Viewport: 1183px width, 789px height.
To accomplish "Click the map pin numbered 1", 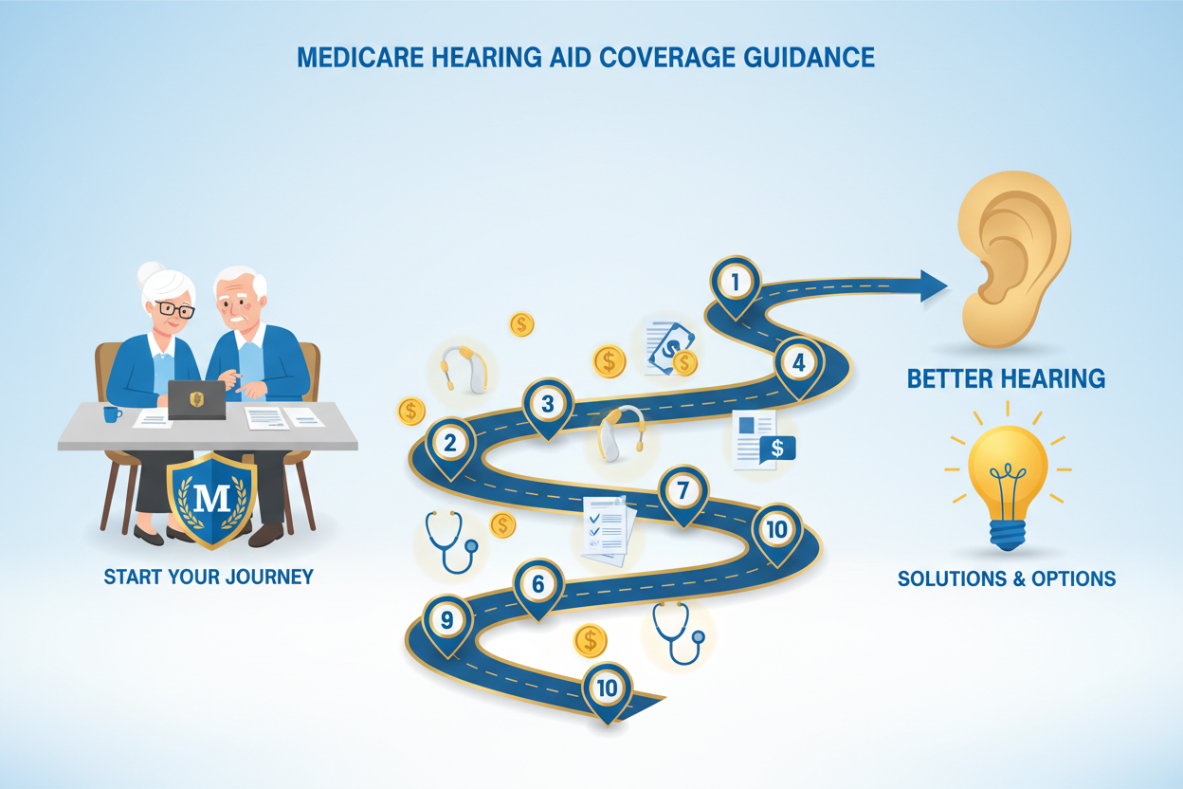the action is [x=736, y=285].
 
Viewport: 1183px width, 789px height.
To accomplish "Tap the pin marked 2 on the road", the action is [x=450, y=446].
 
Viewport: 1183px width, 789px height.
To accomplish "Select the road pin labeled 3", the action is [x=548, y=407].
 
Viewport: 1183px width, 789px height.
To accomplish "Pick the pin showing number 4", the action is [x=798, y=365].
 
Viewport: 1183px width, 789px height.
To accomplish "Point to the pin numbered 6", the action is [x=538, y=587].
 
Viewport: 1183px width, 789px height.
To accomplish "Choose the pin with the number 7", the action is [x=682, y=493].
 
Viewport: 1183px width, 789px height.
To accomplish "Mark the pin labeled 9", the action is [x=447, y=622].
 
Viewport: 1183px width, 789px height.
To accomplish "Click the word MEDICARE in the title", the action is [x=360, y=58].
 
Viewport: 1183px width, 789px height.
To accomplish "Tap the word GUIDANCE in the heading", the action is [x=810, y=58].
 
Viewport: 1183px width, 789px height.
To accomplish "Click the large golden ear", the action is [x=1013, y=259].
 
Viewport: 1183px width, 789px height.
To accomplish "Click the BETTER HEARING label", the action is [x=1006, y=379].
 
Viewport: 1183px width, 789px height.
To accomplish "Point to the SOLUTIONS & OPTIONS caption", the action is [x=1007, y=578].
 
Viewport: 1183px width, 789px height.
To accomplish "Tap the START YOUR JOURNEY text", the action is [x=209, y=577].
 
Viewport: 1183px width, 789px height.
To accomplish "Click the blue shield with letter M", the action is [x=211, y=500].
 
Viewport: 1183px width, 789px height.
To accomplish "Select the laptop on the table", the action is [x=196, y=400].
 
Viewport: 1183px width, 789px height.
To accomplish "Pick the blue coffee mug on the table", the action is [x=112, y=414].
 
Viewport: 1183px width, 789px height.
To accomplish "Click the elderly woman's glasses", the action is [x=175, y=309].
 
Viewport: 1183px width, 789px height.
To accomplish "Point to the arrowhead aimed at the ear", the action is [x=934, y=285].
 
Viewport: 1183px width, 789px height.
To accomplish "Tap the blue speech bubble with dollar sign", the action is [x=777, y=450].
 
